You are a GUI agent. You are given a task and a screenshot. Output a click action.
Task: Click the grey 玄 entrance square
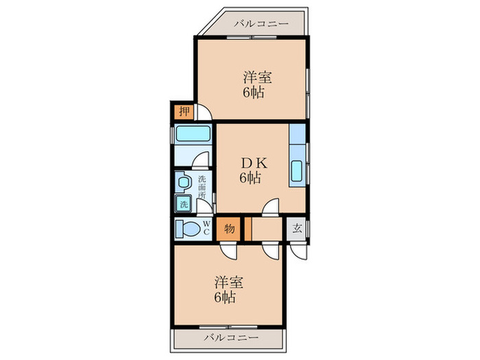(x=297, y=228)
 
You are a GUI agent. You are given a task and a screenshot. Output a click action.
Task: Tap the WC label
(x=206, y=228)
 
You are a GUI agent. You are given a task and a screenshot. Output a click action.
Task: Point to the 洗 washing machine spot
(x=183, y=203)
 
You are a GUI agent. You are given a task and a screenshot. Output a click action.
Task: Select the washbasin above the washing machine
(x=183, y=182)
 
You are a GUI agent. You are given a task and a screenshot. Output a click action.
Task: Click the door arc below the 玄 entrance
(x=298, y=250)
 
